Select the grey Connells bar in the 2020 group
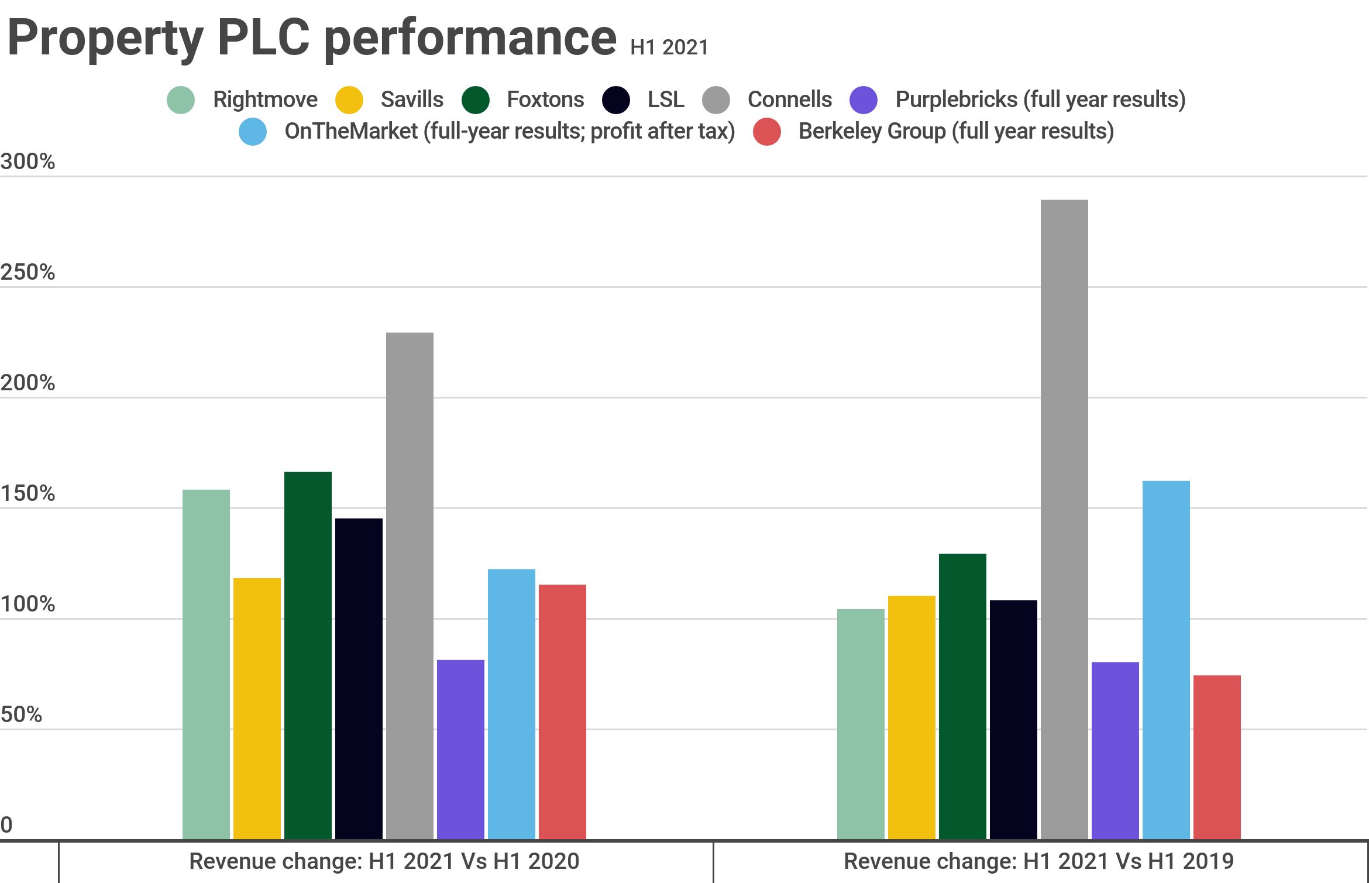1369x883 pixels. point(410,586)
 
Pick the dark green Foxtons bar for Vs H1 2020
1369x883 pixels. point(308,655)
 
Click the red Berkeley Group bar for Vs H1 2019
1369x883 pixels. point(1217,757)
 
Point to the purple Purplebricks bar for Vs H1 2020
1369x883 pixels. point(460,750)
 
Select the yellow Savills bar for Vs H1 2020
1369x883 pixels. point(257,709)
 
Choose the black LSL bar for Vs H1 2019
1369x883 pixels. point(1013,720)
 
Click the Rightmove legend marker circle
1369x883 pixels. point(181,100)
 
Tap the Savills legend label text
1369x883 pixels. point(412,100)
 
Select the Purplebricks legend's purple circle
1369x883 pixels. point(864,100)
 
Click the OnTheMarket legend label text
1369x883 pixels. point(510,132)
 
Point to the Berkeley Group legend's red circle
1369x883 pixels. point(767,132)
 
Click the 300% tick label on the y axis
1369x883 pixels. point(27,162)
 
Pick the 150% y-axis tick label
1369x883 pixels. point(27,493)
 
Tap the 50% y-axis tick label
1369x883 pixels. point(22,714)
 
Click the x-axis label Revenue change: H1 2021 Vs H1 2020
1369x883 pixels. point(384,861)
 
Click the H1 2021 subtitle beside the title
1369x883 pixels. point(669,47)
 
